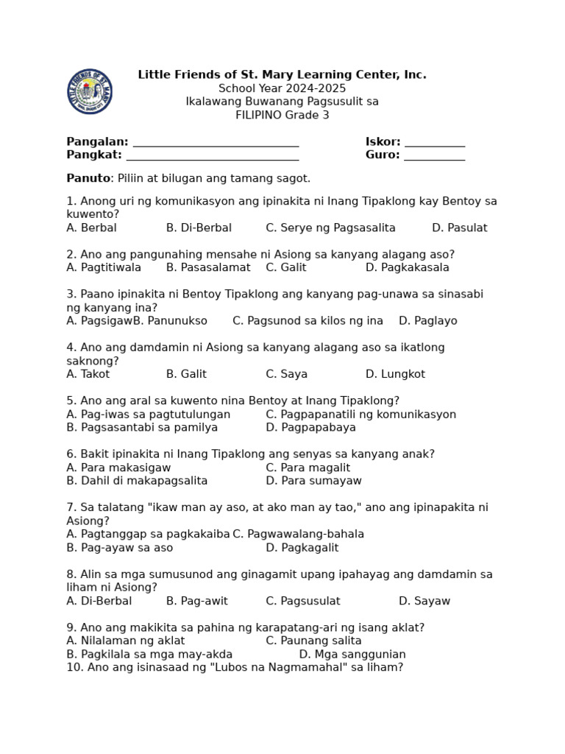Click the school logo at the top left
(90, 91)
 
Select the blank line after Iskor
(434, 143)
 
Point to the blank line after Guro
(434, 156)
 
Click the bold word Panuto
(88, 178)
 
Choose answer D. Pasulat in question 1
(459, 228)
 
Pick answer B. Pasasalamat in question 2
(208, 268)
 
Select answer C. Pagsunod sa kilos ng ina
(308, 321)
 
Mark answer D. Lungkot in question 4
(395, 374)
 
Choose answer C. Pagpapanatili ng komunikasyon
(360, 415)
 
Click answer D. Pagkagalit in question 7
(302, 548)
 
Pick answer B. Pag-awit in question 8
(196, 601)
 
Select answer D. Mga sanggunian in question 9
(352, 655)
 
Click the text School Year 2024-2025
(282, 88)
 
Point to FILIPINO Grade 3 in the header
(282, 115)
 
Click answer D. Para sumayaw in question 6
(313, 481)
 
